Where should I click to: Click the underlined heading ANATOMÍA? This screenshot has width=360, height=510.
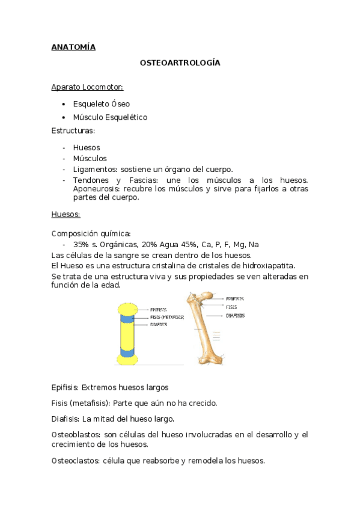[73, 47]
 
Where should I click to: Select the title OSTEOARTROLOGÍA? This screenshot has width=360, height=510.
[180, 63]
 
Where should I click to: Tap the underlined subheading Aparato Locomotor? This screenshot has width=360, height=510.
[87, 87]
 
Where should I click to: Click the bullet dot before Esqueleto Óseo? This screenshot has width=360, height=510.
[64, 104]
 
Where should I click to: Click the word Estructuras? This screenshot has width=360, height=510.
[73, 131]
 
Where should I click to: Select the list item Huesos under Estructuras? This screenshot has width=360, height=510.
[87, 147]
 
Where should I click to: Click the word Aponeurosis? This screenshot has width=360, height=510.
[96, 188]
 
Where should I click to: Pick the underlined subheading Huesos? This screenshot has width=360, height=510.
[66, 214]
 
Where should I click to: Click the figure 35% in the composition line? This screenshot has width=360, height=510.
[81, 244]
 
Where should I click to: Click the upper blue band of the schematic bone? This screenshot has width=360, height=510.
[129, 318]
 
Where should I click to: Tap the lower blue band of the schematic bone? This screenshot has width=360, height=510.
[129, 350]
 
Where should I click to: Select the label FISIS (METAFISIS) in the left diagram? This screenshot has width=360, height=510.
[168, 317]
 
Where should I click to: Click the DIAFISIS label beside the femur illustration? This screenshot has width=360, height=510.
[235, 315]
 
